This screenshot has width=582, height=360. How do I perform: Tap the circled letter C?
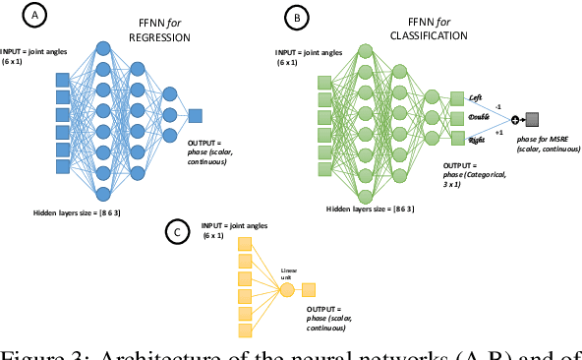[176, 232]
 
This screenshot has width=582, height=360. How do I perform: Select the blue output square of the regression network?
[196, 116]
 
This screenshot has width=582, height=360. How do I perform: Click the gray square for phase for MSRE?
[531, 121]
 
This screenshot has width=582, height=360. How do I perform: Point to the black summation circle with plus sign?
[512, 121]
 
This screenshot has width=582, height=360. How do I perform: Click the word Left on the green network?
[476, 97]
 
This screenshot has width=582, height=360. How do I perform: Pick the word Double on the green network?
[479, 118]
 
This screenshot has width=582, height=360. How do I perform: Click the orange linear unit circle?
[287, 289]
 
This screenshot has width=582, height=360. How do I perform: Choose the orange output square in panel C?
[309, 289]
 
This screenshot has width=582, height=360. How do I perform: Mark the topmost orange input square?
[246, 259]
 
